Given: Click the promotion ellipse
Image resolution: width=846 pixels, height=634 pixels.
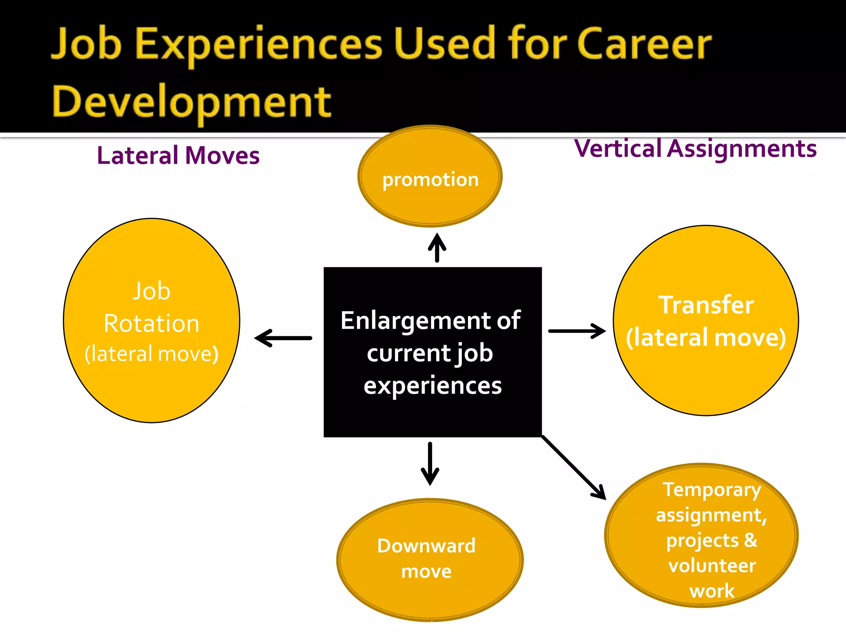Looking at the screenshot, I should tap(430, 176).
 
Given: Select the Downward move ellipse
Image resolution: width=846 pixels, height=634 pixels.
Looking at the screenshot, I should tap(430, 559).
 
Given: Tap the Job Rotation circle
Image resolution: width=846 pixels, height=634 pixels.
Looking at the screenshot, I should tap(152, 320).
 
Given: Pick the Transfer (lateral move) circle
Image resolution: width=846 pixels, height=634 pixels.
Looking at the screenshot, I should tap(706, 320).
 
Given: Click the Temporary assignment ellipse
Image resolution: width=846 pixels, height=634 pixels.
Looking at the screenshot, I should tap(701, 535).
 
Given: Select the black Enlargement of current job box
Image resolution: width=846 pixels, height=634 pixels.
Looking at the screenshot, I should tap(433, 352).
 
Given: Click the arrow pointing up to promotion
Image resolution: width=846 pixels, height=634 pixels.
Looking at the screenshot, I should tap(437, 248).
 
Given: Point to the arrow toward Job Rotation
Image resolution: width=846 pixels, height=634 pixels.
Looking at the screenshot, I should tap(283, 338).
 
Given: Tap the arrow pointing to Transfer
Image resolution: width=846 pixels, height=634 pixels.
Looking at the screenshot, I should tap(577, 331).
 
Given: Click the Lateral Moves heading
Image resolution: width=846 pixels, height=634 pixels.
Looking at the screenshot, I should tap(178, 156).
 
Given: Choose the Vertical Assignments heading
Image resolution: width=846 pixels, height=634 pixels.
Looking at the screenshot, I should tap(695, 149).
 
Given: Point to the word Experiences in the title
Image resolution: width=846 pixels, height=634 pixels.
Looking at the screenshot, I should tap(259, 44).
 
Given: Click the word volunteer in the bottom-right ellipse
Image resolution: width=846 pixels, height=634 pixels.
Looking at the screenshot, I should tap(712, 565).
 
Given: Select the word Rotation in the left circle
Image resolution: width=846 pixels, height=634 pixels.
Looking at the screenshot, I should tap(152, 323).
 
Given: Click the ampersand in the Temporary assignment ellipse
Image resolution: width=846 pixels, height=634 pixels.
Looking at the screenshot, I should tap(751, 540).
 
